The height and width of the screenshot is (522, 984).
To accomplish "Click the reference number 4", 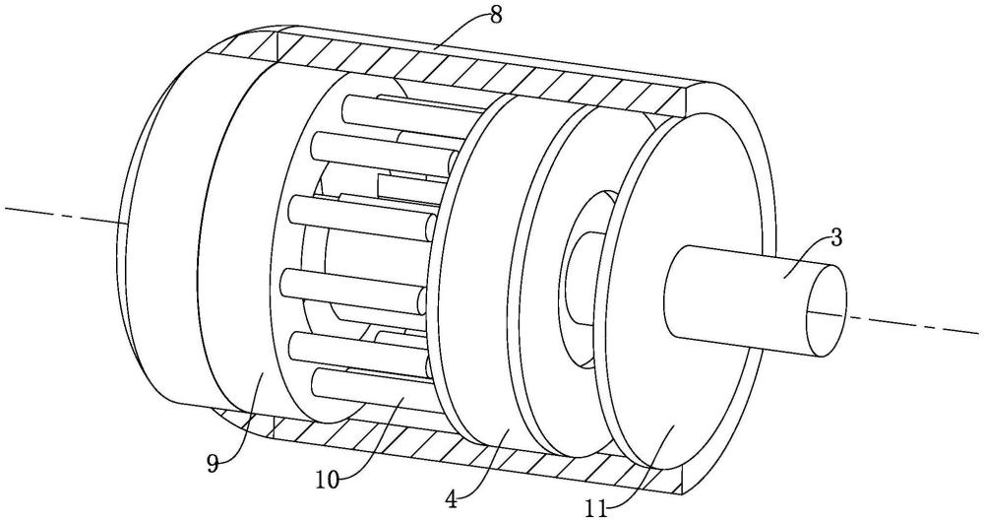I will (x=451, y=498).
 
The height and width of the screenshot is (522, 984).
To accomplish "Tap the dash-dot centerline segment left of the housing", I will (x=59, y=216).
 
